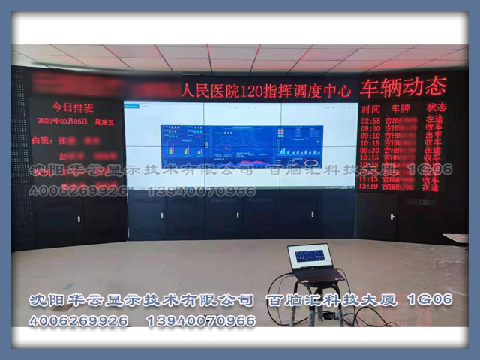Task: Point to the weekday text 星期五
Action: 103,121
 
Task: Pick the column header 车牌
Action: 401,108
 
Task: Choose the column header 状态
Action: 436,107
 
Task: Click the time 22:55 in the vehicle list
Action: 370,119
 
